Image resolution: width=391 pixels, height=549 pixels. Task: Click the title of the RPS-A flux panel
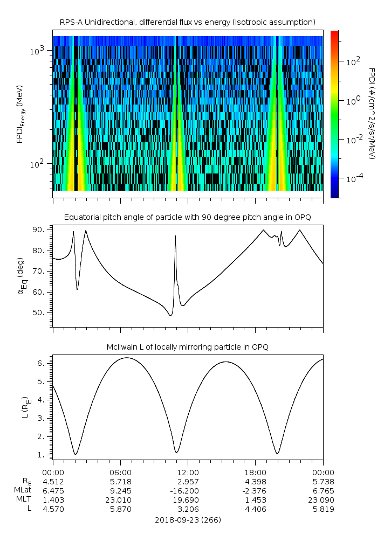click(x=188, y=22)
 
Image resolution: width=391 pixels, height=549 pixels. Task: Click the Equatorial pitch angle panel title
click(x=188, y=217)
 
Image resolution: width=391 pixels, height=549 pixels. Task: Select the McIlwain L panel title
click(x=188, y=347)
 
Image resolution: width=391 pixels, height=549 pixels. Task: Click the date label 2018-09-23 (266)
click(x=188, y=520)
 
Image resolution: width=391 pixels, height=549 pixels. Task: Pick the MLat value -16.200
click(x=188, y=490)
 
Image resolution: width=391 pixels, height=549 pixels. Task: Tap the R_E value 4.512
click(x=53, y=481)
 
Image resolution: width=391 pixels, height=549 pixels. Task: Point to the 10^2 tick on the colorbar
click(x=352, y=61)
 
